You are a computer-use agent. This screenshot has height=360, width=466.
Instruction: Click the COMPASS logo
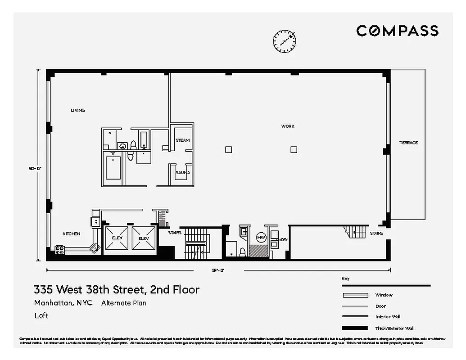(x=397, y=31)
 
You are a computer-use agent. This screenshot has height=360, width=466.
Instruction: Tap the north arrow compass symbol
(x=285, y=41)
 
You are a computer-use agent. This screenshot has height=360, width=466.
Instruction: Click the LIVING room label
(x=77, y=110)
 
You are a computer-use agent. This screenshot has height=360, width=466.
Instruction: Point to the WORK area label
(x=288, y=126)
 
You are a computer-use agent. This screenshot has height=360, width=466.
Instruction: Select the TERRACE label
(x=408, y=143)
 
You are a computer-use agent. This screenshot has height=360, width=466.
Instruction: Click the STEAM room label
(x=182, y=140)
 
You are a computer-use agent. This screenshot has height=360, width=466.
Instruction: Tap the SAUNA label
(x=182, y=172)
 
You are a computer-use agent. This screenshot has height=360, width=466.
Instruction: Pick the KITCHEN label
(x=71, y=234)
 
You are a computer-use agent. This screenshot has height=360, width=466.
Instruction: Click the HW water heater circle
(x=261, y=237)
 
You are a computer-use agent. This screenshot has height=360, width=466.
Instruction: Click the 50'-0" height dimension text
(x=35, y=168)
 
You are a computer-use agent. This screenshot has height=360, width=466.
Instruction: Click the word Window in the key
(x=384, y=295)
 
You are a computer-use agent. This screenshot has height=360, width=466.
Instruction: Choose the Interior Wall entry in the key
(x=387, y=317)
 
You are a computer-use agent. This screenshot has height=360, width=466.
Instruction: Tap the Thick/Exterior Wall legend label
(x=394, y=328)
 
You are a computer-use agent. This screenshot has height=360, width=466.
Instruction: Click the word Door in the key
(x=380, y=306)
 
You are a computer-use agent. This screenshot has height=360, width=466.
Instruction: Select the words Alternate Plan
(x=123, y=303)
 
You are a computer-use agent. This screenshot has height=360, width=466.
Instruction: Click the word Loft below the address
(x=41, y=315)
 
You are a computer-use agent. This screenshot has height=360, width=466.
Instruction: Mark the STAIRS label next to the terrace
(x=376, y=234)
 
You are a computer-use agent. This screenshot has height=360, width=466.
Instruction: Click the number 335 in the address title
(x=44, y=289)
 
